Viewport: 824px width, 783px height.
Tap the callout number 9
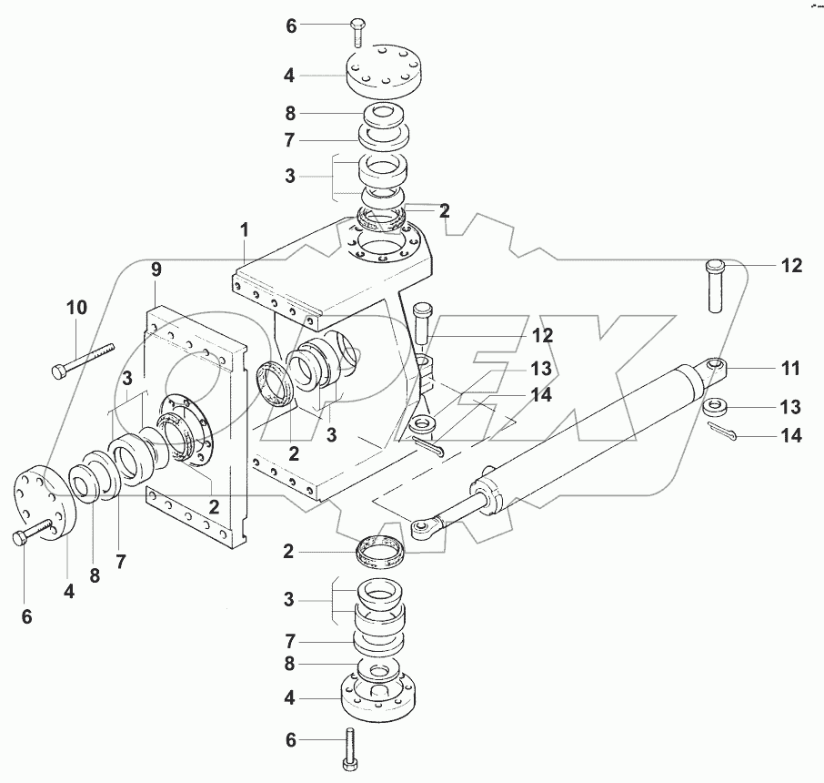[156, 269]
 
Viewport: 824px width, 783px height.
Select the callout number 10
[76, 308]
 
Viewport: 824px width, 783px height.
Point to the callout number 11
[790, 369]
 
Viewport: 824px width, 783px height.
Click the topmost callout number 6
[291, 26]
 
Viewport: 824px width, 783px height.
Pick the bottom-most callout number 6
[291, 740]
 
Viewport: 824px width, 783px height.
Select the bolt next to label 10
[85, 359]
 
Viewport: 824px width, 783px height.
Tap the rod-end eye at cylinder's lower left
[423, 526]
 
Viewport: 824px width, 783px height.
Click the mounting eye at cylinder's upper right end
[714, 368]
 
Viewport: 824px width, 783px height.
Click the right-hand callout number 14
[790, 436]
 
